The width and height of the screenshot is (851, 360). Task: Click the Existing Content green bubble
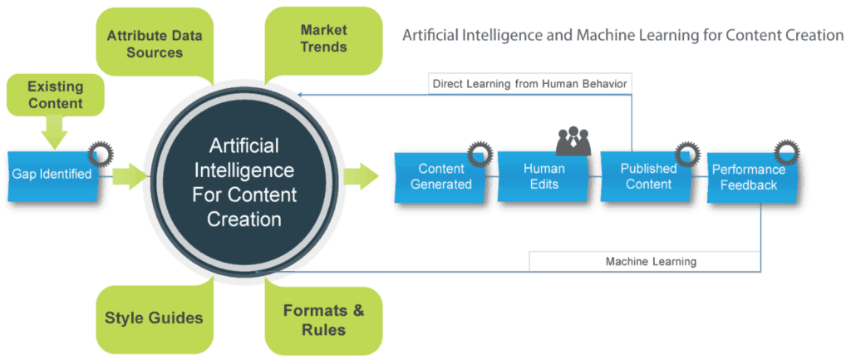click(x=55, y=94)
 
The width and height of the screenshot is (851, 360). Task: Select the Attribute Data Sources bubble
click(x=155, y=44)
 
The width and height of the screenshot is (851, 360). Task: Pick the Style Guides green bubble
click(x=154, y=318)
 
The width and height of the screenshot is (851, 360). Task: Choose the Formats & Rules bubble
click(x=323, y=320)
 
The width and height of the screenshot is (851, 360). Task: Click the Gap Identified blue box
click(x=52, y=175)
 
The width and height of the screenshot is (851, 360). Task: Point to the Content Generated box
click(x=440, y=176)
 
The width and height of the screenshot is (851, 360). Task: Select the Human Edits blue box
click(x=544, y=176)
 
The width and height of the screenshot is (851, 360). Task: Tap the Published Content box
click(x=648, y=175)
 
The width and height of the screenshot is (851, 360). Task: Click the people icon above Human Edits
click(x=573, y=141)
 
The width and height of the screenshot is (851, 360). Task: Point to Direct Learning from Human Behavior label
click(x=529, y=83)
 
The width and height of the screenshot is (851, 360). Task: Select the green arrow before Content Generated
click(x=360, y=176)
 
